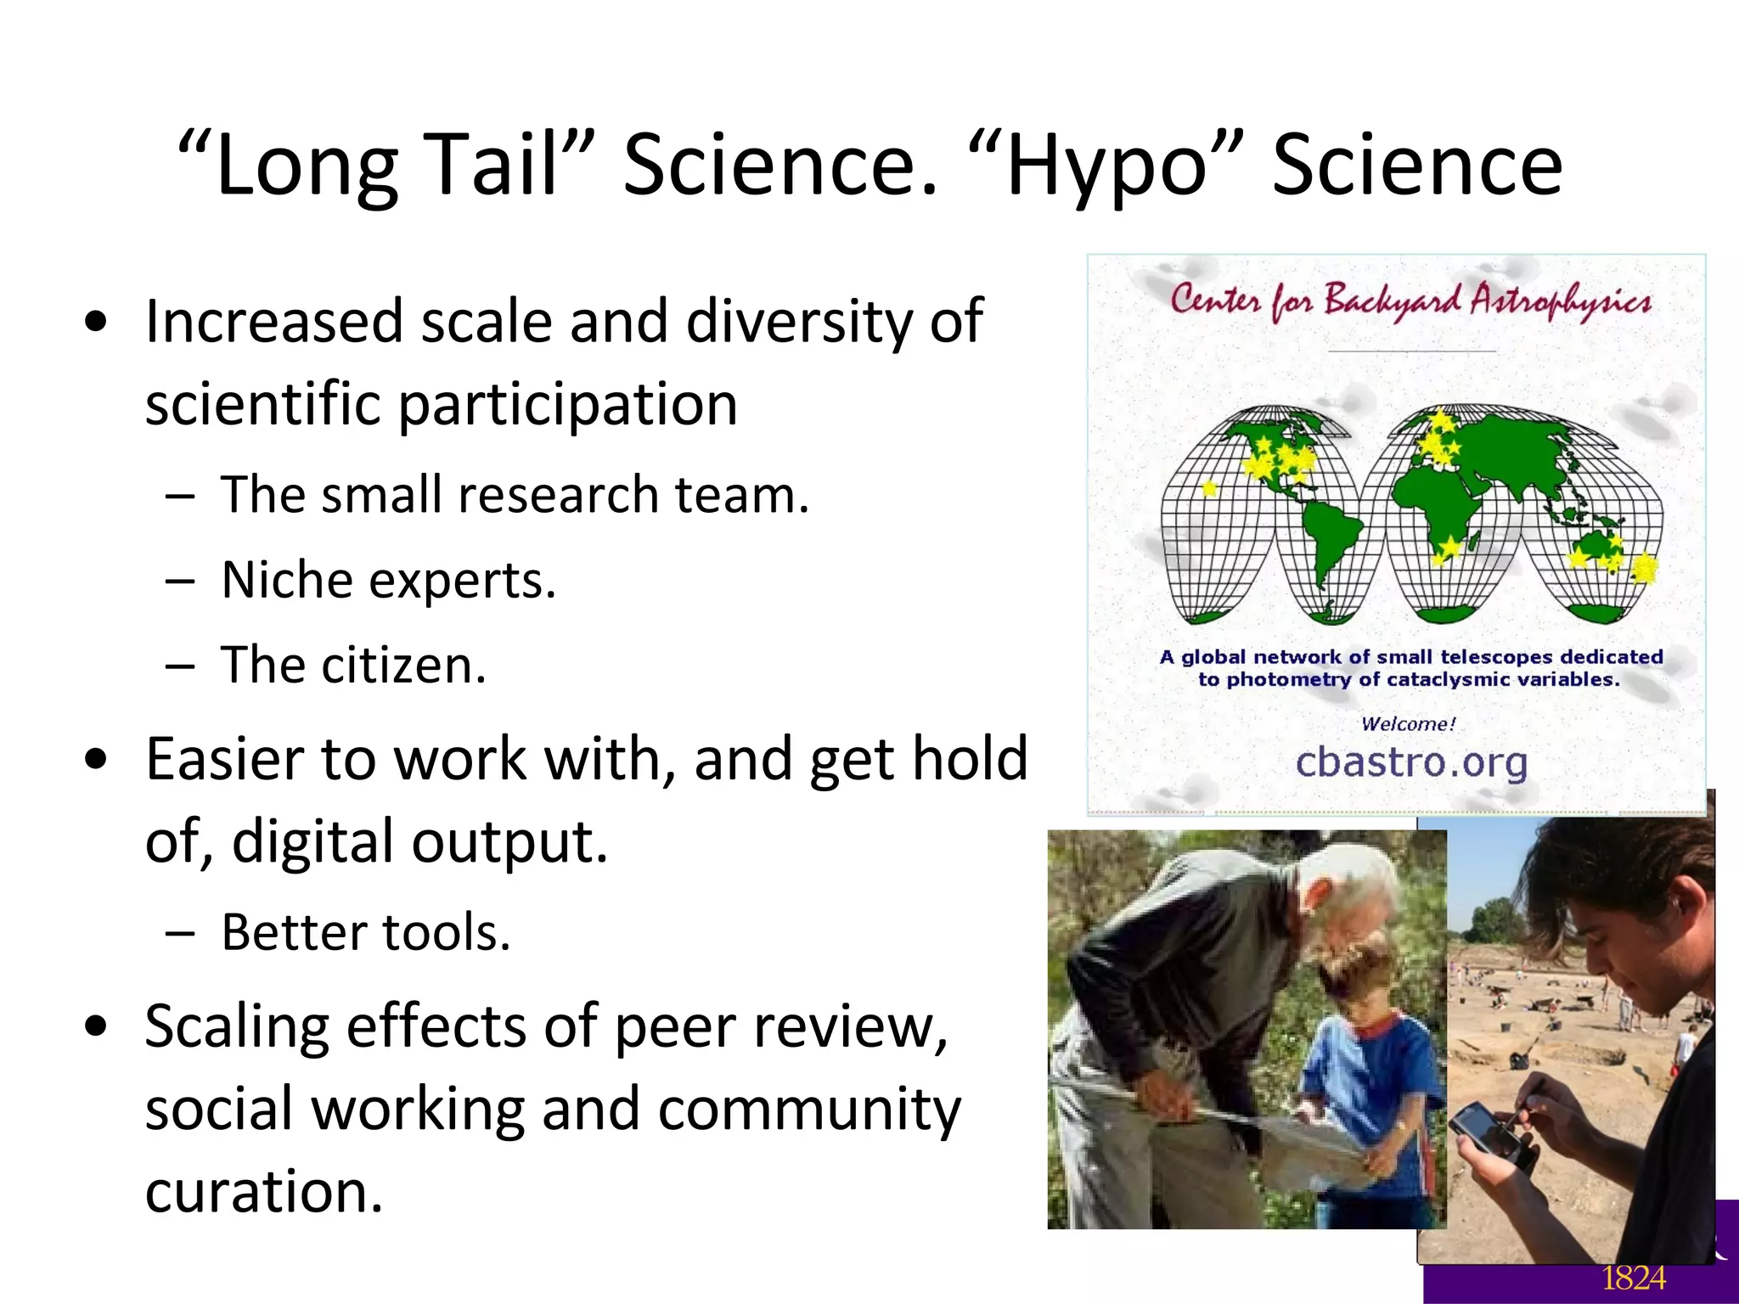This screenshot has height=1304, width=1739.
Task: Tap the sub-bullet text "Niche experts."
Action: point(388,580)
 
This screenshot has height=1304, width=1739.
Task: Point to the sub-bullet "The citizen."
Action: point(353,665)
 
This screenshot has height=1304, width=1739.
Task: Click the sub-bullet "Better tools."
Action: point(366,932)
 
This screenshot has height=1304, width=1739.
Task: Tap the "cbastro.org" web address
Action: point(1411,762)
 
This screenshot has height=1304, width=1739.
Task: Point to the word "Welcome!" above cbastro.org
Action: point(1408,724)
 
